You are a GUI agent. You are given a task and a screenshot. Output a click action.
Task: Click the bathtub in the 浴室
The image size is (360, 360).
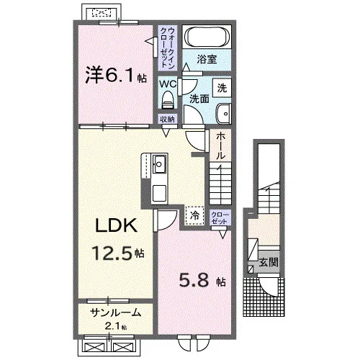(207, 37)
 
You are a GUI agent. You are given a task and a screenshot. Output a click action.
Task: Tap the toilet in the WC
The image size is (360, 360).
(168, 100)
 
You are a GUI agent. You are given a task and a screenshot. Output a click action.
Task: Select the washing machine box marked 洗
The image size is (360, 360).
(222, 88)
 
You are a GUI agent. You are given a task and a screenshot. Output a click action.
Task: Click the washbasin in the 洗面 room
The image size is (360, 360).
(224, 114)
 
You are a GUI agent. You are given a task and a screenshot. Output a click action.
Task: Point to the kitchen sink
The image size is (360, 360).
(159, 164)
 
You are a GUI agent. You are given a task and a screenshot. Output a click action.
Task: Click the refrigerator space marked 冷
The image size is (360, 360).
(194, 215)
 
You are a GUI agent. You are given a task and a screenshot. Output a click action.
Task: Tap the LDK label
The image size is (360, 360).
(117, 225)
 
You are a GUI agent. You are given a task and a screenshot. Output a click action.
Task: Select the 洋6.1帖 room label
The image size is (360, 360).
(116, 75)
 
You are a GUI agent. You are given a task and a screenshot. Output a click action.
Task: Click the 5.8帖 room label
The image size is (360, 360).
(202, 280)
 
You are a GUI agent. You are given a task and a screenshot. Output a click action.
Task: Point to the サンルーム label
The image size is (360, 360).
(115, 312)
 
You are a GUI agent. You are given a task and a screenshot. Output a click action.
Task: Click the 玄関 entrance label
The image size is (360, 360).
(269, 262)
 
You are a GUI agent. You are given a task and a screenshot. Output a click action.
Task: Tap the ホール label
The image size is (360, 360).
(220, 146)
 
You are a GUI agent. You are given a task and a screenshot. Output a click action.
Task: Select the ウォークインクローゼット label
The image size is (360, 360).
(168, 48)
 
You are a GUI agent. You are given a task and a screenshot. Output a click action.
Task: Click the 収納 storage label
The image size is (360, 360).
(167, 120)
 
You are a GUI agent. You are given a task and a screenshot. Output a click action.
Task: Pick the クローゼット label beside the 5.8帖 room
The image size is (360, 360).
(220, 217)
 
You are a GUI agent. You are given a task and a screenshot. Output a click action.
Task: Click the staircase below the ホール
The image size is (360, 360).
(220, 183)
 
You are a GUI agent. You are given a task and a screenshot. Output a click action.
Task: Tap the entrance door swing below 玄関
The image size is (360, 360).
(269, 287)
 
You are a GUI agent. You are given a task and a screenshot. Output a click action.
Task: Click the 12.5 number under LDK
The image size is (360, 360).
(112, 253)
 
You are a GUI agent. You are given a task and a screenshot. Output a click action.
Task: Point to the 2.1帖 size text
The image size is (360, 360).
(116, 326)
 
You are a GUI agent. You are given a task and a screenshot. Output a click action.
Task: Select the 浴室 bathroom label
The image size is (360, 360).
(207, 59)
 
